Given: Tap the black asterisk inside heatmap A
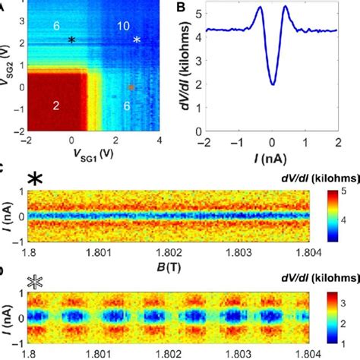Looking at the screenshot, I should [x=72, y=39].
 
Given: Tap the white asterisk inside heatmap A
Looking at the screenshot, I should [x=137, y=39].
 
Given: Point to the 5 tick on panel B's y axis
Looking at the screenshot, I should [x=199, y=13].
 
